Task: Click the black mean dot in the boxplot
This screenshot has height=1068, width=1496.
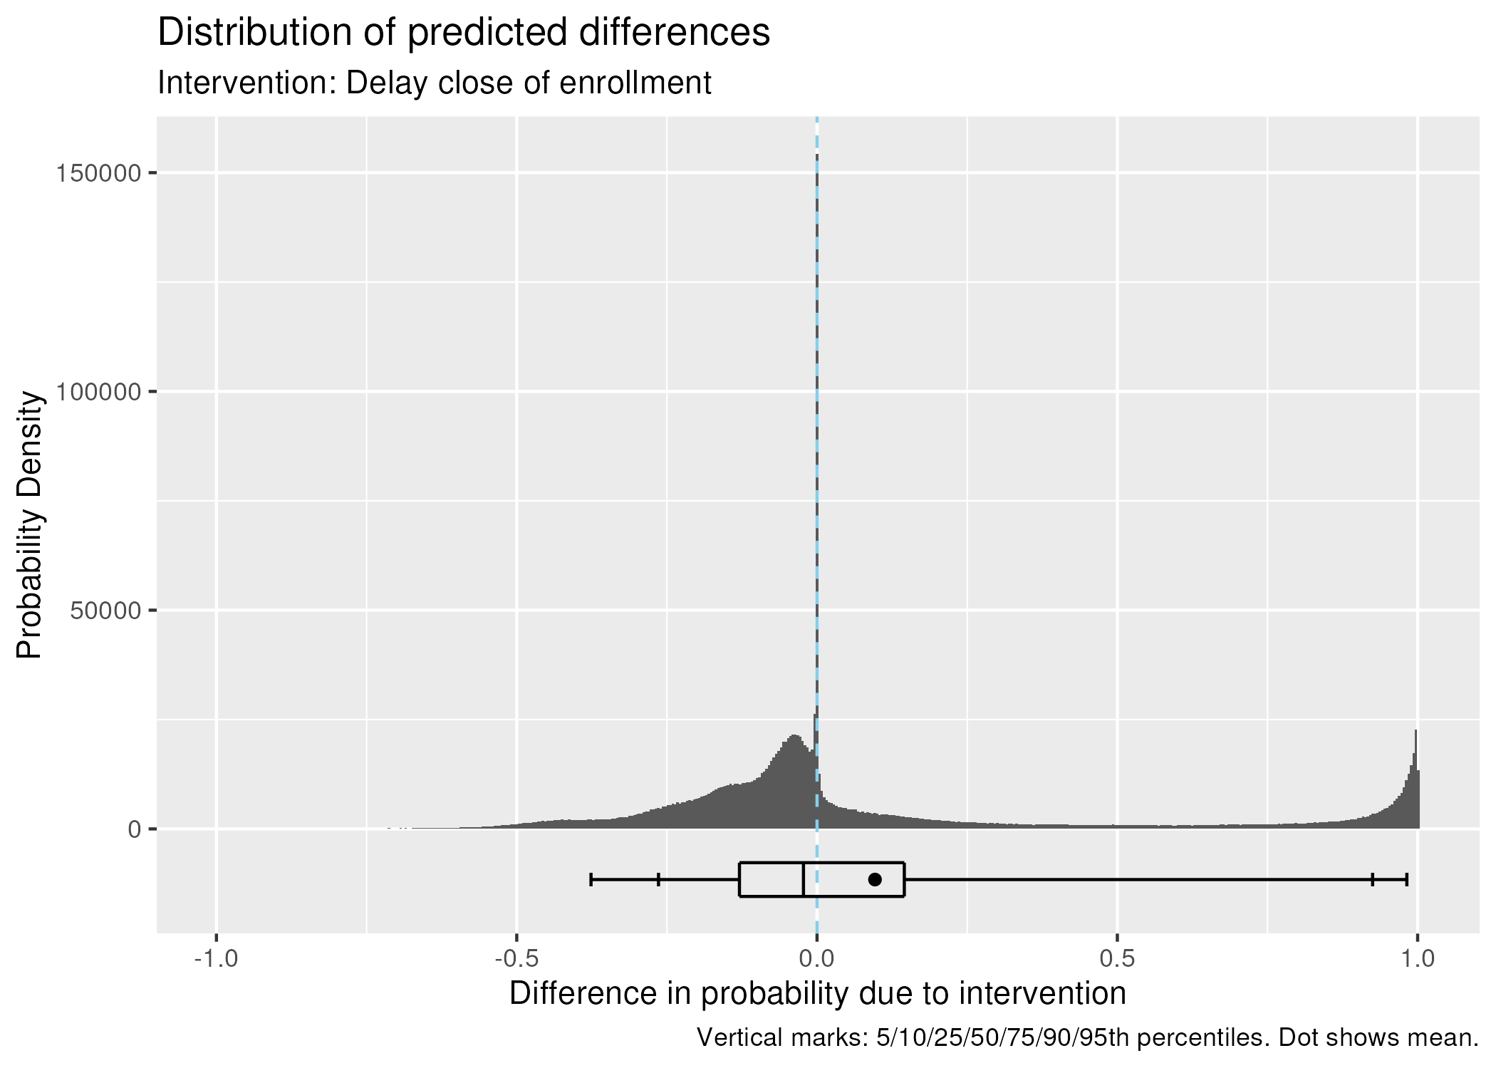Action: tap(875, 879)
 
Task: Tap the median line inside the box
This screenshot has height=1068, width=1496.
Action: tap(804, 879)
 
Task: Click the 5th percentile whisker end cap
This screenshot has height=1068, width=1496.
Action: tap(591, 879)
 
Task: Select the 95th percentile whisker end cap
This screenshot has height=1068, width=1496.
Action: tap(1406, 879)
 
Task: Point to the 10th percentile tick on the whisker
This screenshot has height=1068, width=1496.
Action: tap(658, 879)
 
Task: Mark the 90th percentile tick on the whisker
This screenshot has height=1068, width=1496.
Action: tap(1372, 879)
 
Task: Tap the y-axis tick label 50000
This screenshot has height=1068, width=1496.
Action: tap(105, 611)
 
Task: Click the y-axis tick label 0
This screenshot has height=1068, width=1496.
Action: tap(134, 829)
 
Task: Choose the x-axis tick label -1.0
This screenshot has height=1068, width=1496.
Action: tap(216, 959)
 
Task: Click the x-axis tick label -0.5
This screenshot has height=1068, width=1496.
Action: tap(516, 959)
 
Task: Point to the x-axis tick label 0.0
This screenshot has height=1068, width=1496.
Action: tap(816, 959)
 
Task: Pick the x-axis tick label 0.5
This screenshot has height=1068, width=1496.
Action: tap(1117, 959)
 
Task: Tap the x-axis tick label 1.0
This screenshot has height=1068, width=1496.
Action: tap(1418, 959)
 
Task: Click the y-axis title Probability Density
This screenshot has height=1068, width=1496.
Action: tap(30, 525)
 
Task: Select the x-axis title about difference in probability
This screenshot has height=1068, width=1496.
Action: tap(817, 993)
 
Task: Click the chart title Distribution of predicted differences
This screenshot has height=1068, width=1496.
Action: tap(463, 33)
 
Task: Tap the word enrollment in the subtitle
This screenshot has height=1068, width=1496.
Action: tap(635, 83)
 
